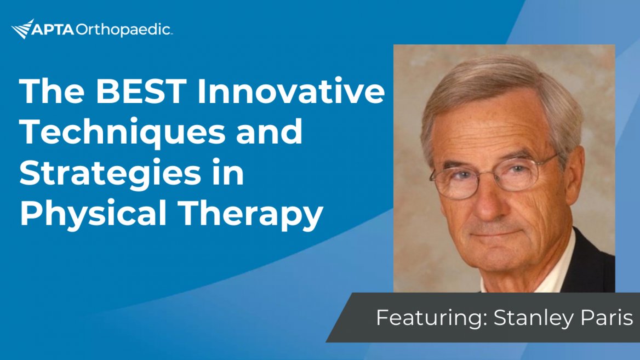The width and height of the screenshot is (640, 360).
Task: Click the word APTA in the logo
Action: tap(53, 30)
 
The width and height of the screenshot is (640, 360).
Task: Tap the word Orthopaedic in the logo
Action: tap(123, 30)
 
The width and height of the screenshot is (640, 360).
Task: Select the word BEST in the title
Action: tap(141, 91)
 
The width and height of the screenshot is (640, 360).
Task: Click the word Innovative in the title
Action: tap(291, 91)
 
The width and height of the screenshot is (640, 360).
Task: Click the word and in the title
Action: tap(270, 132)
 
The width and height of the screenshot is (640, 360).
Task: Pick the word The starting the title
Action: tap(52, 91)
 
